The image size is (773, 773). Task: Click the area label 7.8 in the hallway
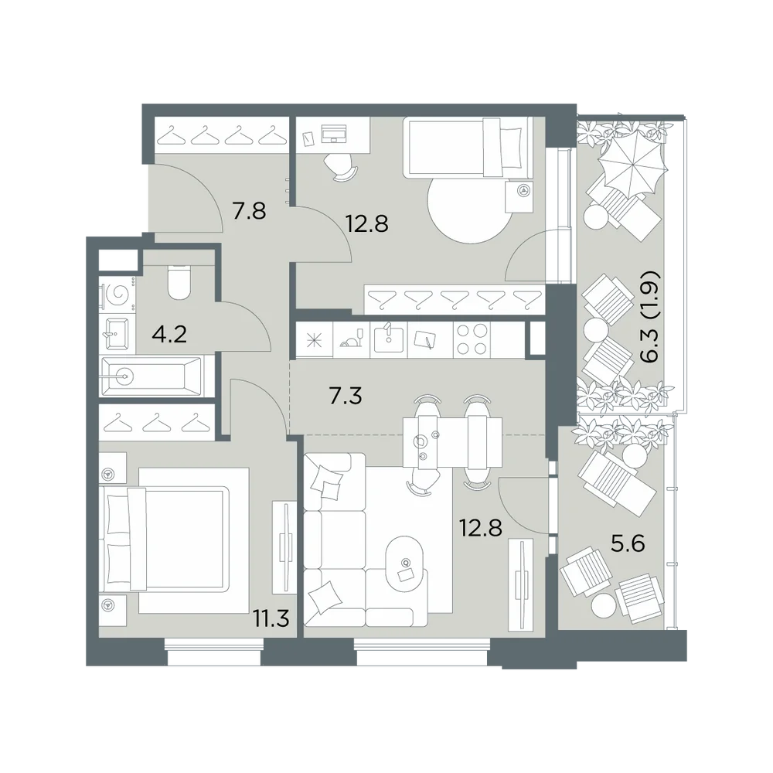coord(249,211)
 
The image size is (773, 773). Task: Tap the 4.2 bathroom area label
coord(169,335)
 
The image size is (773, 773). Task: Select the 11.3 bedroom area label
coord(271,618)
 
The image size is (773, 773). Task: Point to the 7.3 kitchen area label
coord(345,395)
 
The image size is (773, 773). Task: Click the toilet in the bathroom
coord(179,282)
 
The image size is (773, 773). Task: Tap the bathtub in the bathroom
coord(151,376)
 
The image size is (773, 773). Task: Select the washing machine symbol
coord(117,295)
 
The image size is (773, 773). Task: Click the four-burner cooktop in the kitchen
coord(472,339)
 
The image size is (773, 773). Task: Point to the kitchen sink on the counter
coord(389,339)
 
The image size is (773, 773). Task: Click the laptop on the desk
coord(334,133)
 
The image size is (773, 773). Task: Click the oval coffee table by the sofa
coord(405,563)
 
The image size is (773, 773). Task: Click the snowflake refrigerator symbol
coord(314,340)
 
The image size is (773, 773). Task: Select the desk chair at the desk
coord(341,167)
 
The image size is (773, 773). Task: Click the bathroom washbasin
coord(117,333)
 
